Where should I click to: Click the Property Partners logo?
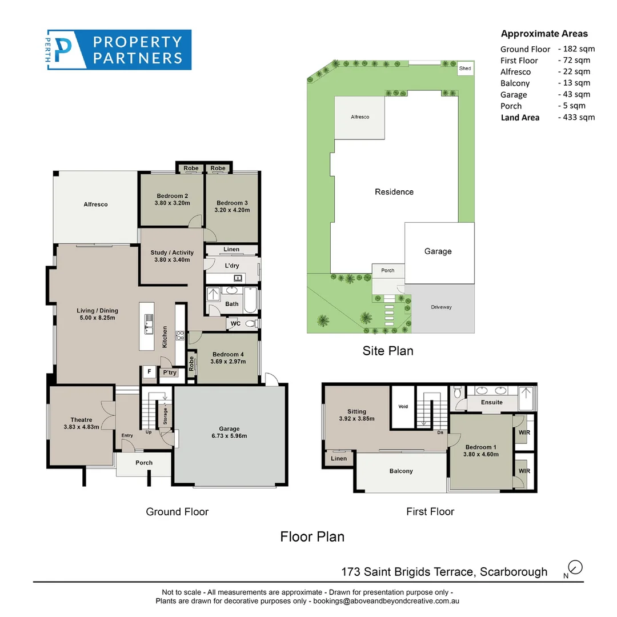119,50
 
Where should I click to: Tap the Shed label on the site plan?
466,69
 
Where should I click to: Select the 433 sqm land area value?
578,117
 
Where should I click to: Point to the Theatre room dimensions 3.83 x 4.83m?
82,427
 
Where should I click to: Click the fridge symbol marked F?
149,372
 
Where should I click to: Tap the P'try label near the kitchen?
170,372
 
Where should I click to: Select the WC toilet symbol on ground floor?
250,324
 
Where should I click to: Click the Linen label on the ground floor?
231,250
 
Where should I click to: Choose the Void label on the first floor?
403,407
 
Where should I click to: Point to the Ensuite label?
491,403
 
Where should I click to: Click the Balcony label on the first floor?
401,471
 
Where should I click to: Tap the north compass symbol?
576,567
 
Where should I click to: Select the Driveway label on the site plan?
441,307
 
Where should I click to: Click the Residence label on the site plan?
394,192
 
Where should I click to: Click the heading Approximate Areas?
544,34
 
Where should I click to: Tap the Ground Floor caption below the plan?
177,512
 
